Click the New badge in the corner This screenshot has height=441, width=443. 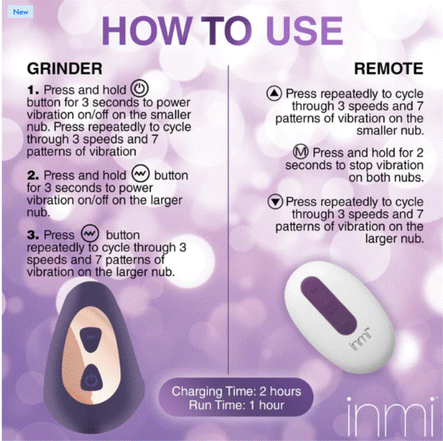point(20,12)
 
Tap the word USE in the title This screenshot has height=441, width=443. point(305,31)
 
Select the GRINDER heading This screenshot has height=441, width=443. point(64,69)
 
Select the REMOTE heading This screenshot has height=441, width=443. point(389,69)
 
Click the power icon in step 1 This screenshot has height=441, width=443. point(139,88)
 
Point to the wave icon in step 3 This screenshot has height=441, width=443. point(90,233)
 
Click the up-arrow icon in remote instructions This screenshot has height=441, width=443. point(274,93)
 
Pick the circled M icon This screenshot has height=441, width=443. point(301,152)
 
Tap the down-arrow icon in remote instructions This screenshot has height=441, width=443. point(275,201)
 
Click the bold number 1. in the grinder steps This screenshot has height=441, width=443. point(33,90)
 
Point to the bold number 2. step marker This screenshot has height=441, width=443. point(33,176)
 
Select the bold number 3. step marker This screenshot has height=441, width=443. point(33,235)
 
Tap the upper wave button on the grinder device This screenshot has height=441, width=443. point(91,338)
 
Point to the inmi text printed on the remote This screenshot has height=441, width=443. point(360,339)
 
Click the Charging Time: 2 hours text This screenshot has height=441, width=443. point(236,392)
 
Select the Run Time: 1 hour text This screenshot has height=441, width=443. point(236,405)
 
